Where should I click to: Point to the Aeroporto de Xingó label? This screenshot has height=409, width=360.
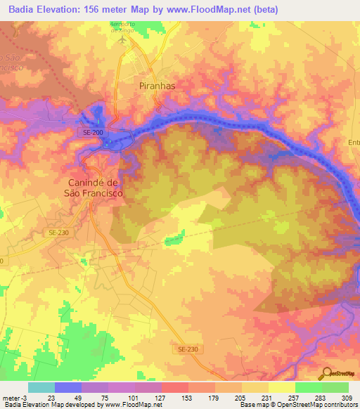pyautogui.click(x=126, y=27)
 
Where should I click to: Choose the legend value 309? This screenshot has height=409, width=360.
pyautogui.click(x=348, y=397)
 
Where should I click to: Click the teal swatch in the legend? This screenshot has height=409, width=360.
pyautogui.click(x=41, y=387)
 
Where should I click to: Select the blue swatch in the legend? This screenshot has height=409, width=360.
pyautogui.click(x=68, y=387)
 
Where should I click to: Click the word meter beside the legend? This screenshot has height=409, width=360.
pyautogui.click(x=11, y=397)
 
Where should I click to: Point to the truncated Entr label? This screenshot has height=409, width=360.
pyautogui.click(x=354, y=143)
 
